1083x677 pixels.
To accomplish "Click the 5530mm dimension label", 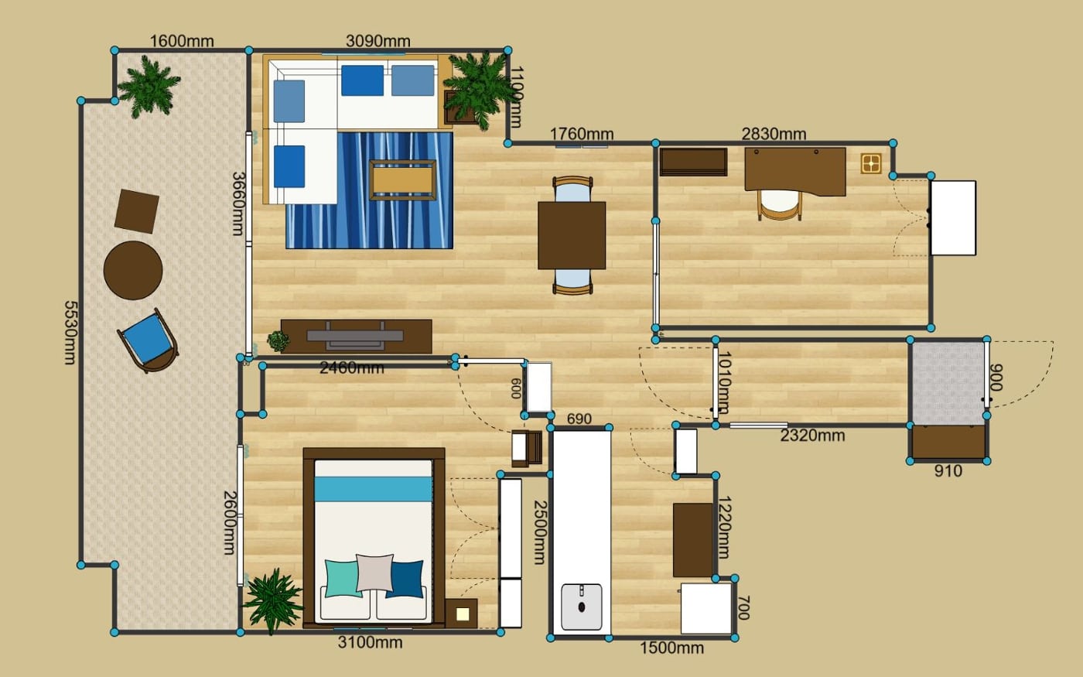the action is [x=70, y=333].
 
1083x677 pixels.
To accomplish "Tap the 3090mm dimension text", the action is [x=378, y=41].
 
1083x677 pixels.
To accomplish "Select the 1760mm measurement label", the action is [x=582, y=133].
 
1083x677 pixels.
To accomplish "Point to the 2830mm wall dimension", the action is [x=774, y=134].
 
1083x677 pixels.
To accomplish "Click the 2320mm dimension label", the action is [x=812, y=436].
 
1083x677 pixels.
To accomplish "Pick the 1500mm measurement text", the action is [x=671, y=648].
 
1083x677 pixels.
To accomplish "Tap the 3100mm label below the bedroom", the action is [x=370, y=643].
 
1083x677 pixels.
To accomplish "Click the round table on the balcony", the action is [x=133, y=270].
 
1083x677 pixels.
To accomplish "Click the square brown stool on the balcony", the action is [x=137, y=211].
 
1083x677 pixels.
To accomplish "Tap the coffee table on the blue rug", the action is [x=403, y=180].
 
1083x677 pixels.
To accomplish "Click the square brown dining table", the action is [x=572, y=235].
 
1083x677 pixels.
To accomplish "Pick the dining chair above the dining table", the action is [x=573, y=189].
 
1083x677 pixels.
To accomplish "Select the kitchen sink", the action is [x=582, y=607].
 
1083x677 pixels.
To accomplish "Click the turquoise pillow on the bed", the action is [x=343, y=579].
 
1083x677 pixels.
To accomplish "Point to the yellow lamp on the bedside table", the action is [x=463, y=614].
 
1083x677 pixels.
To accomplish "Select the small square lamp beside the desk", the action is [x=871, y=163].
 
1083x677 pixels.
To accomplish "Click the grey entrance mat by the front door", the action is [x=948, y=383].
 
